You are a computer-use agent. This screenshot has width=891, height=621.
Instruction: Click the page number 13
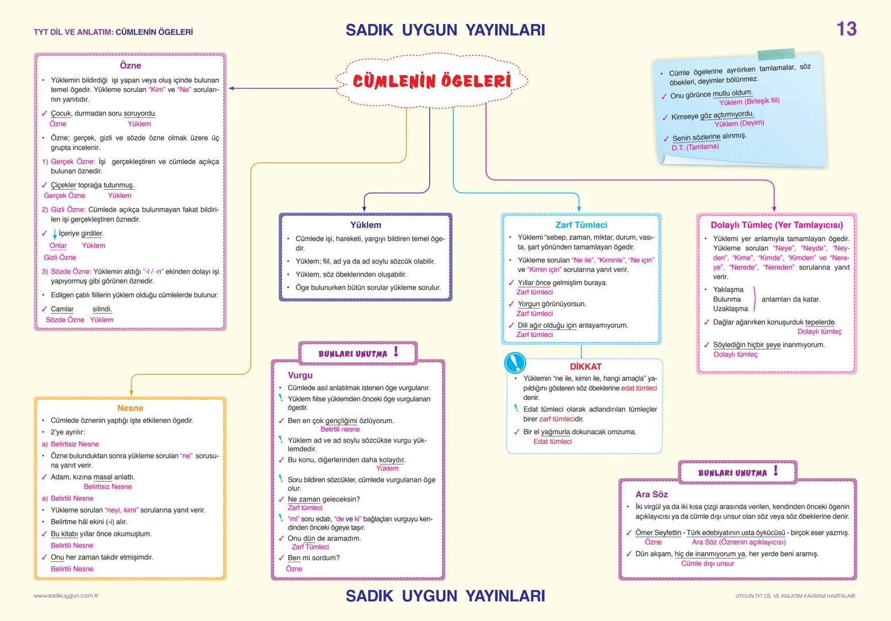846,29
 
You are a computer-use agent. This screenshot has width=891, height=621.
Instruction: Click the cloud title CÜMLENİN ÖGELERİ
431,80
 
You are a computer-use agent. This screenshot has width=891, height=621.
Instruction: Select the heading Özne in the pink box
130,66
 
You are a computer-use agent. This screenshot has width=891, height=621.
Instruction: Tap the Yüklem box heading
366,225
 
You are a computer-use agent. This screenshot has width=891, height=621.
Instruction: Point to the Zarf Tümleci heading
581,225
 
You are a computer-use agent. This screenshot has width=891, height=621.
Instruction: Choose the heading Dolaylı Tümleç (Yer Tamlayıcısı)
777,225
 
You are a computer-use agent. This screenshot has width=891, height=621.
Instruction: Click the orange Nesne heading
130,408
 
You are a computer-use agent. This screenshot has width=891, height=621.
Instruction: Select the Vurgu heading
300,375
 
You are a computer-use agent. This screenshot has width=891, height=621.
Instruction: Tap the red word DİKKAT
586,366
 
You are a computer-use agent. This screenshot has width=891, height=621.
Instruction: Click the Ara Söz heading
651,494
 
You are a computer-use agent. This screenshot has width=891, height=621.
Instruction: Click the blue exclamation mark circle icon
515,363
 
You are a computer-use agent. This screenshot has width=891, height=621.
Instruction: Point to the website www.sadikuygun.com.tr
66,596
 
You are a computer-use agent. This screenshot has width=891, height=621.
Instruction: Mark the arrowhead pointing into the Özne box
232,89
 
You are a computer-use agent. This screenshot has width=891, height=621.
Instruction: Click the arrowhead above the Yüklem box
365,209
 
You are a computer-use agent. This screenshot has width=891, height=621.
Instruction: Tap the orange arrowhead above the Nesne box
131,392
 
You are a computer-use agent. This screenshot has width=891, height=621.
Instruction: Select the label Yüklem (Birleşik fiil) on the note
749,102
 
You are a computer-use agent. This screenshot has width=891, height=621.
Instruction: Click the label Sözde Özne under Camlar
65,320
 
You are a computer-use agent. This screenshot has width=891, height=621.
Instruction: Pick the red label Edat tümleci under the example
552,442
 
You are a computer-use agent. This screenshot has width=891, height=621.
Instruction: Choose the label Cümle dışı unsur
708,563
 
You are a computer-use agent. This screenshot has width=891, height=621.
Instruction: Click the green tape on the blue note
776,55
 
